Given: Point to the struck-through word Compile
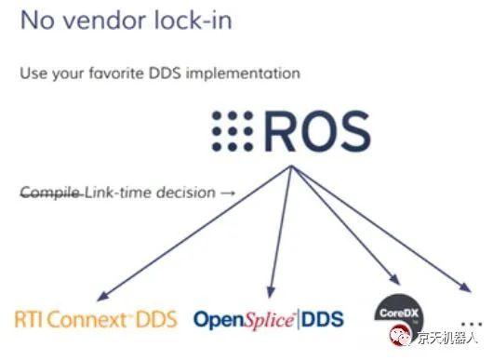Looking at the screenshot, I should (50, 193).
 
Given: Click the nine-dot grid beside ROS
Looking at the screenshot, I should (233, 130).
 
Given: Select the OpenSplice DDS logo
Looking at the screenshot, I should (268, 319).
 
